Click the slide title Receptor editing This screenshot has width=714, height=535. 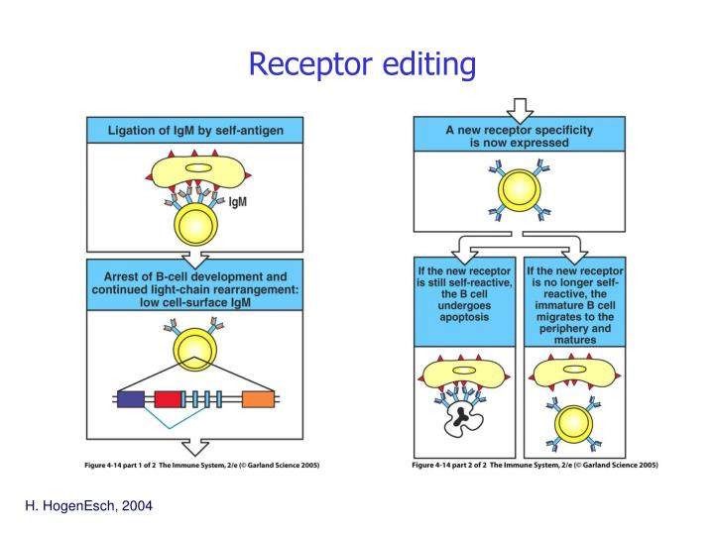click(362, 64)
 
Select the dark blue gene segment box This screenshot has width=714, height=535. click(130, 399)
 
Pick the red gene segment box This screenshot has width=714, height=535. click(168, 399)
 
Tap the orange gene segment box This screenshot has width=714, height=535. click(258, 399)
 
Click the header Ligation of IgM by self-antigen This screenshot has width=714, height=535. click(194, 129)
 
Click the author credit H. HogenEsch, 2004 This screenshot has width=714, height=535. click(88, 506)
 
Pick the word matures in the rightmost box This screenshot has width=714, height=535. click(575, 340)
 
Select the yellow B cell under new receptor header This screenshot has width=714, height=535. click(520, 191)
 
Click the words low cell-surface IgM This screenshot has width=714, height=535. click(194, 301)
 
